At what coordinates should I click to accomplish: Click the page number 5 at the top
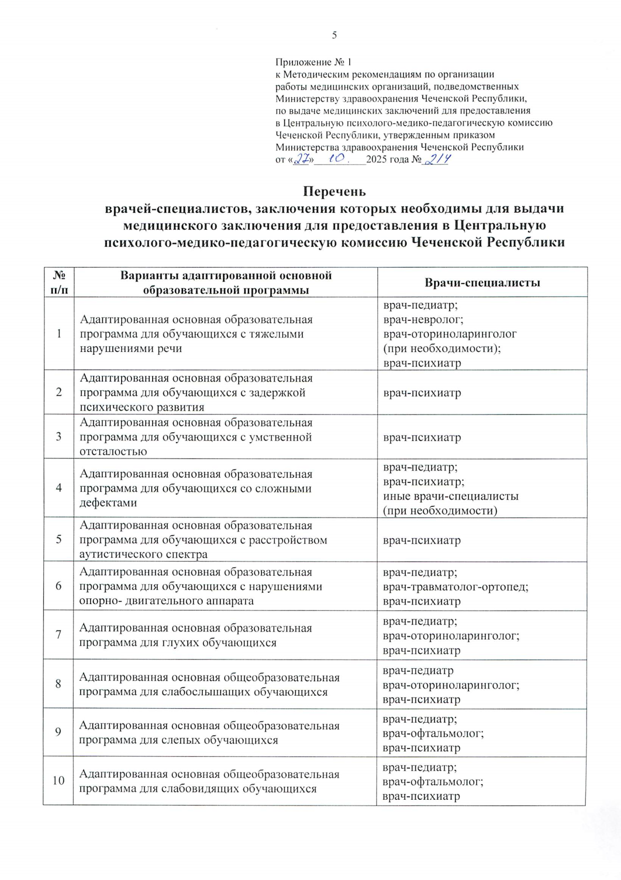click(x=334, y=35)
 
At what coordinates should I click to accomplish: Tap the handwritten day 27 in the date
click(x=302, y=160)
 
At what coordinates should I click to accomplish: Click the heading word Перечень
click(x=334, y=192)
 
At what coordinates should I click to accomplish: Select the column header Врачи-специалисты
click(x=482, y=283)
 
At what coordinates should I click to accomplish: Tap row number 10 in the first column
click(x=58, y=780)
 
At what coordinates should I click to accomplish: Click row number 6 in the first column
click(x=59, y=585)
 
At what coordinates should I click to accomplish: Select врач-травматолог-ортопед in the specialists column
click(x=455, y=586)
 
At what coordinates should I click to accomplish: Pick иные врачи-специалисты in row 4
click(x=450, y=496)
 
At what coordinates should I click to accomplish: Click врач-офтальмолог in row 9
click(x=433, y=733)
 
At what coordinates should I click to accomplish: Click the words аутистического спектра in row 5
click(x=143, y=554)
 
